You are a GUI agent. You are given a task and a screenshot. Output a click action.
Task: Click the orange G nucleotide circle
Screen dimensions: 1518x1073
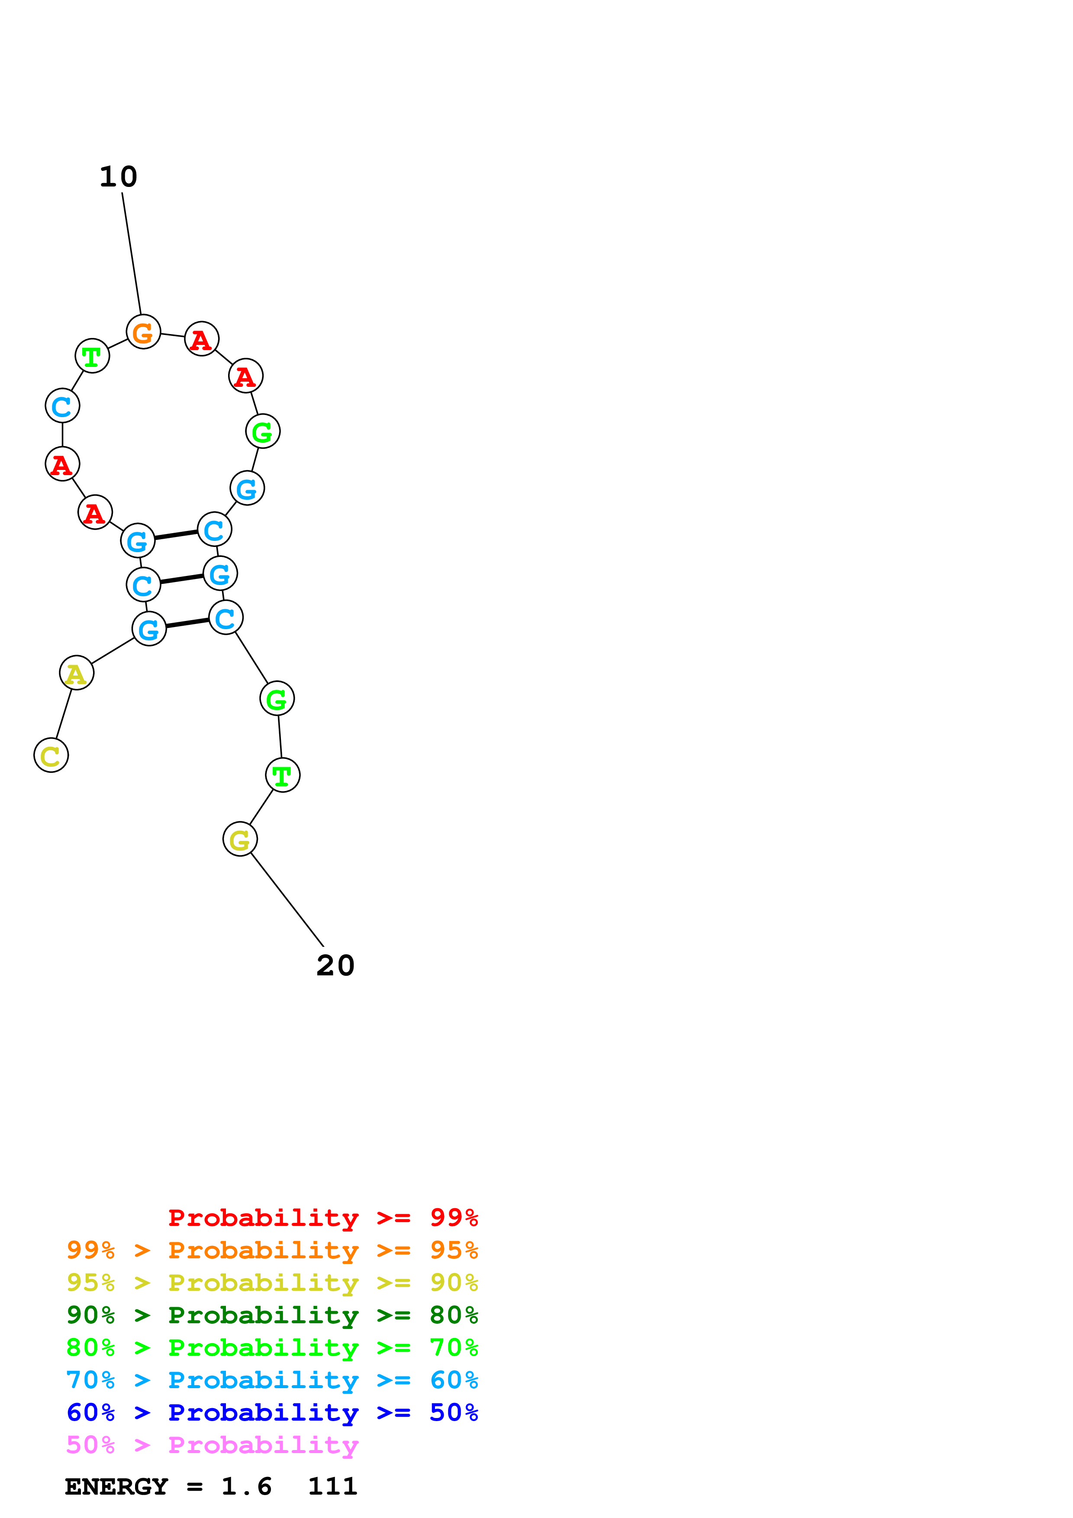143,332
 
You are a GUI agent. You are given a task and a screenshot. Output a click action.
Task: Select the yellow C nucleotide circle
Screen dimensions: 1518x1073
51,755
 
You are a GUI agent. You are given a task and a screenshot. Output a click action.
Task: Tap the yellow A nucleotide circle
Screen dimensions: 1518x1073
77,673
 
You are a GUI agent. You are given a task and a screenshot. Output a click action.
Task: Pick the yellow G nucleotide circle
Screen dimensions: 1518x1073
240,839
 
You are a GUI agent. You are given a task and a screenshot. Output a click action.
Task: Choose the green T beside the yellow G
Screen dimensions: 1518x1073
282,775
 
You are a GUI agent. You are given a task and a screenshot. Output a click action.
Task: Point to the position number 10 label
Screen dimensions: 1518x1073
118,177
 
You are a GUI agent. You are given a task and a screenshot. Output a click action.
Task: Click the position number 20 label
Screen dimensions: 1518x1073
335,965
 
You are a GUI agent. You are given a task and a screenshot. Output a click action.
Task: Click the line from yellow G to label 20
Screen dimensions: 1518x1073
287,900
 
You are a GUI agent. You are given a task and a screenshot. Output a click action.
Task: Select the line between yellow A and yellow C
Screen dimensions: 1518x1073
64,714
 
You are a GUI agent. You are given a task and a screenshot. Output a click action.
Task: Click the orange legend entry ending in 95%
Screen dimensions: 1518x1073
272,1250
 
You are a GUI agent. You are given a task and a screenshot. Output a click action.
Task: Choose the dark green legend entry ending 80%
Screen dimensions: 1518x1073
272,1315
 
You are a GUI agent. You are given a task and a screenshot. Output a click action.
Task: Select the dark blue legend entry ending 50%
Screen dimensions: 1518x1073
272,1412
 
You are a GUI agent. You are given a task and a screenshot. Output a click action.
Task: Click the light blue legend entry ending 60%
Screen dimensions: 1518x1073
272,1380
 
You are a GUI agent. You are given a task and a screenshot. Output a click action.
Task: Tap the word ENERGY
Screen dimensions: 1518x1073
116,1486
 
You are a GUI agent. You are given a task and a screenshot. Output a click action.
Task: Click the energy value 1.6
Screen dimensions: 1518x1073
246,1486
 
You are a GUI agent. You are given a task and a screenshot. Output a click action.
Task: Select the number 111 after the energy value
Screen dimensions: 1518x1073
332,1486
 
